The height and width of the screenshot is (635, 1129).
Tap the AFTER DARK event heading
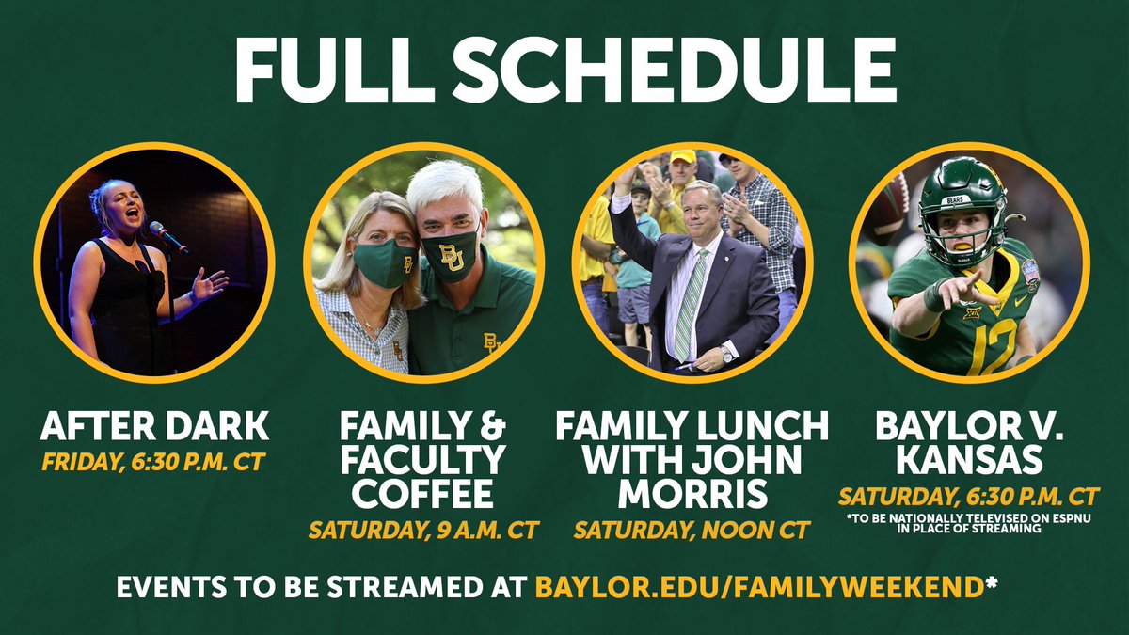click(154, 427)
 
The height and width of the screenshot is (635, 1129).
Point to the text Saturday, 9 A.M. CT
click(423, 530)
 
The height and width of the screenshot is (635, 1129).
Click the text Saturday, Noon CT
click(692, 530)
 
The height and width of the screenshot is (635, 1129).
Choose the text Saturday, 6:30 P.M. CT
click(969, 496)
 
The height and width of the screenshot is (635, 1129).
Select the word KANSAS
click(969, 460)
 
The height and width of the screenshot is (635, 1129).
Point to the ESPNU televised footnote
click(969, 523)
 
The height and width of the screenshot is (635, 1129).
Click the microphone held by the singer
click(167, 236)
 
